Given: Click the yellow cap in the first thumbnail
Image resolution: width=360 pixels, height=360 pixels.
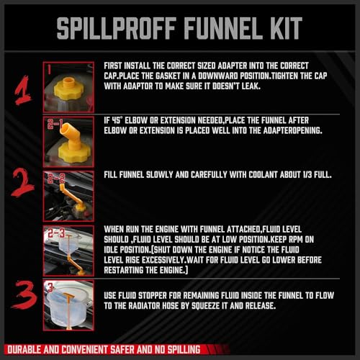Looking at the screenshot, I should tap(68, 82).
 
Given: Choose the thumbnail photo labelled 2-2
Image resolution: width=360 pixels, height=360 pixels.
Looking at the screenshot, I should tap(68, 194).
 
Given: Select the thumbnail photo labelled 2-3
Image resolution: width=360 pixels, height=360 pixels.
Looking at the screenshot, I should tap(68, 248).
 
